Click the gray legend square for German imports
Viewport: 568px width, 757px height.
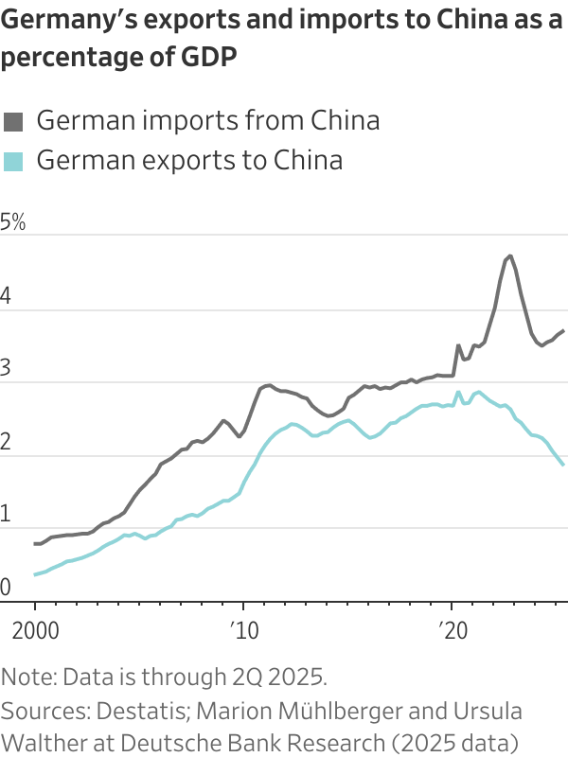pos(13,121)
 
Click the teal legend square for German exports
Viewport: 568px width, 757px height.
pos(13,161)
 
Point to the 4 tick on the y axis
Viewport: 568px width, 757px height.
pos(7,297)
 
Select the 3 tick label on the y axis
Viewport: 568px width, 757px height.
pos(7,370)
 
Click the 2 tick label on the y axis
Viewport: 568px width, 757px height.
pos(7,443)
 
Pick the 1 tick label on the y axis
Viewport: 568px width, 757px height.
pos(7,516)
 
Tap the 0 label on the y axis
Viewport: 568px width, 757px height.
pos(7,589)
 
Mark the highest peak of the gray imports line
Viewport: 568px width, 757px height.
pos(510,255)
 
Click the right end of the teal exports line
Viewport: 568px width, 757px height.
pos(564,465)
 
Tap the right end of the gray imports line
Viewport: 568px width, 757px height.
pos(564,330)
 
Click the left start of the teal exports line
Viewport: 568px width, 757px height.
pos(35,574)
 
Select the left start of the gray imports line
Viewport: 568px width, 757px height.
pos(35,544)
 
